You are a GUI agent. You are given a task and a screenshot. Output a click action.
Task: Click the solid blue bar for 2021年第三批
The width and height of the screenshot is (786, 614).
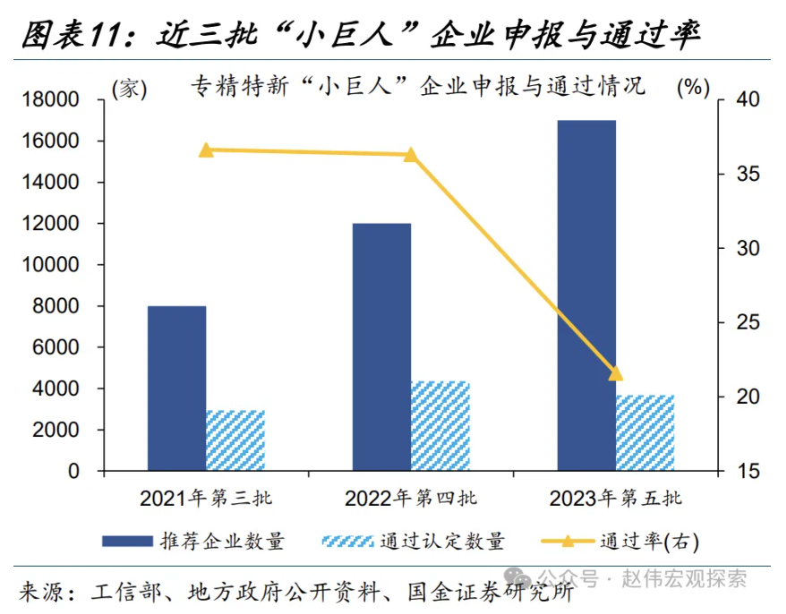coord(177,388)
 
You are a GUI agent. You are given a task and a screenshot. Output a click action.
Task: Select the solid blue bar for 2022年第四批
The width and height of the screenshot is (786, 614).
coord(381,346)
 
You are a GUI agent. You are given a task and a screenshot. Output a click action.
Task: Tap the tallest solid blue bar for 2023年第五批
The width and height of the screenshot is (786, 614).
coord(586,295)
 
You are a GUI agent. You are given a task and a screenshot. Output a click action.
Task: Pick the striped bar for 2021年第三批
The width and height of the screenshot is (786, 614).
coord(235,440)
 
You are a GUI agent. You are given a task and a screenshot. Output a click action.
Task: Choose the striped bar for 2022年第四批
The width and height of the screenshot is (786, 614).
coord(440,426)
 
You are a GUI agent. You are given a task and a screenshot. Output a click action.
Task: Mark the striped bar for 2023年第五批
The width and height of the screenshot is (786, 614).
coord(645,432)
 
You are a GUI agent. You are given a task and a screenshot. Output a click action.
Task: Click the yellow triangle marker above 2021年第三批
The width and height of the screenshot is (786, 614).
coord(206,150)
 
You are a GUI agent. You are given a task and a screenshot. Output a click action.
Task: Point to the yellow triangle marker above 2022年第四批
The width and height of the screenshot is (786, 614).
coord(411,155)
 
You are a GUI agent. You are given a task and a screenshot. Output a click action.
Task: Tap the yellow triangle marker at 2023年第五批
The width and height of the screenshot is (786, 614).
coord(615,373)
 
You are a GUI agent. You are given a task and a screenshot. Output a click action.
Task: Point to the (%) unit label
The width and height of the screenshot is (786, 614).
coord(693,87)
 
